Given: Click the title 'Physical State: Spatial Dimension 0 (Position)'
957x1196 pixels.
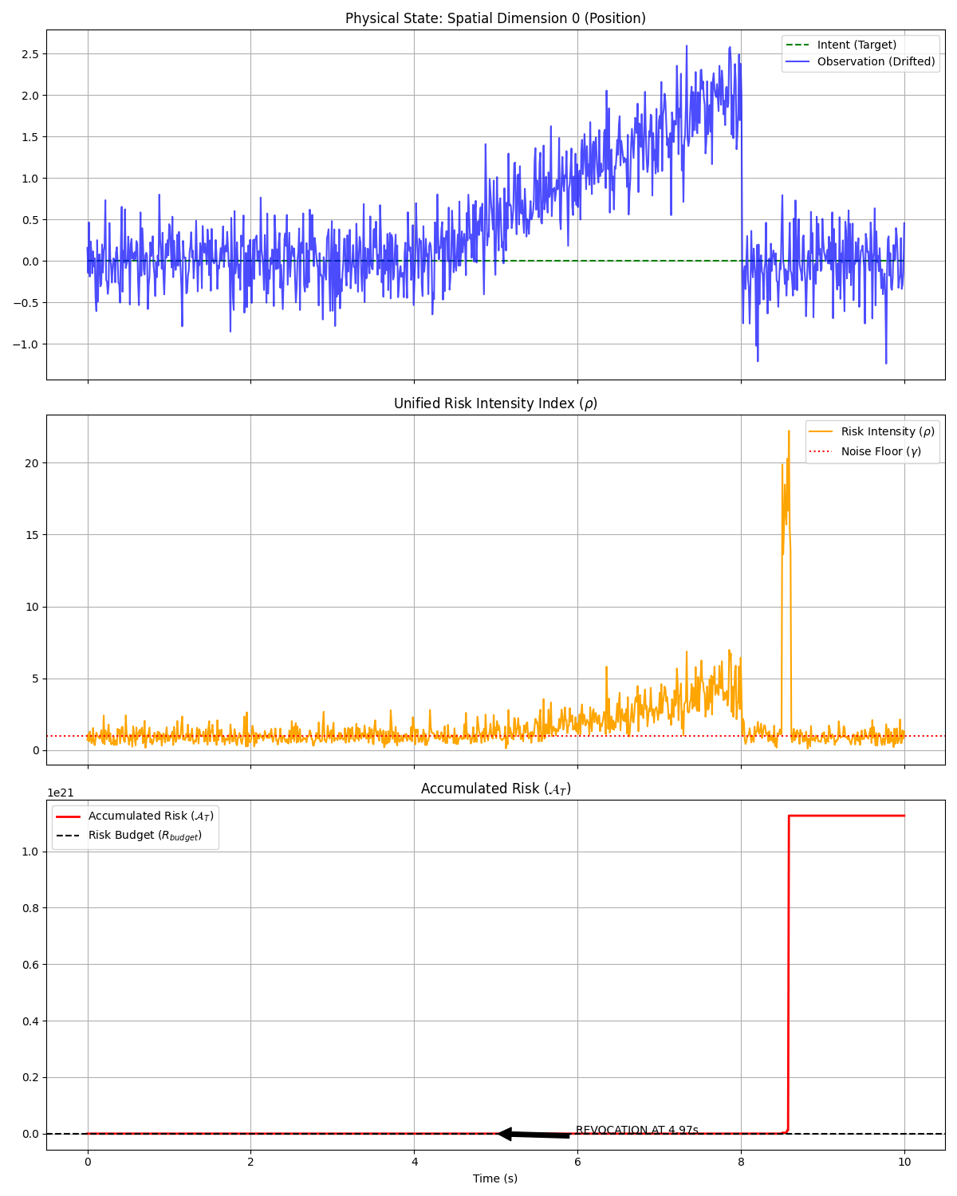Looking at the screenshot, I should point(495,18).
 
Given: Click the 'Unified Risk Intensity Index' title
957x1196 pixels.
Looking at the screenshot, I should point(495,403).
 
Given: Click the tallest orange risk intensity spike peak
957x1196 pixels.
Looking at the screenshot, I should point(789,431).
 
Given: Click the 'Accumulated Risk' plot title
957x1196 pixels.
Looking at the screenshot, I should point(495,789).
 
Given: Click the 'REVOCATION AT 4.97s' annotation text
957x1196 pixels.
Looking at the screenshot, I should point(636,1130).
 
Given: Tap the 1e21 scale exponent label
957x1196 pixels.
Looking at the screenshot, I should point(61,793).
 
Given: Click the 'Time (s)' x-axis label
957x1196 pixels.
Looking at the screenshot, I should point(495,1178).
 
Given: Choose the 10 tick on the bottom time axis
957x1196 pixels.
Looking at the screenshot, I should point(904,1163).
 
